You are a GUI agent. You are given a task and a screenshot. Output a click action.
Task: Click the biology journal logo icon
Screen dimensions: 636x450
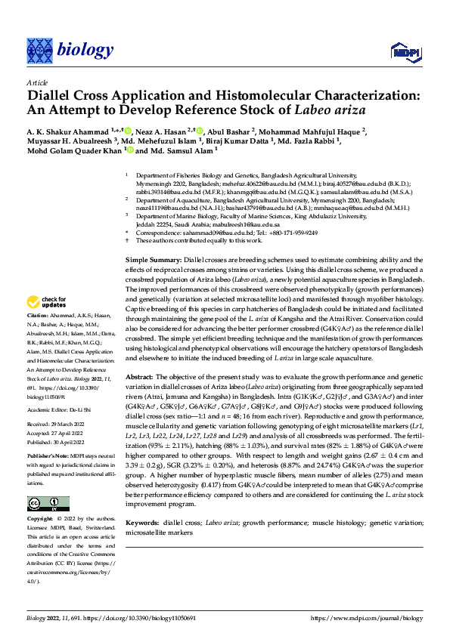(39, 50)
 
